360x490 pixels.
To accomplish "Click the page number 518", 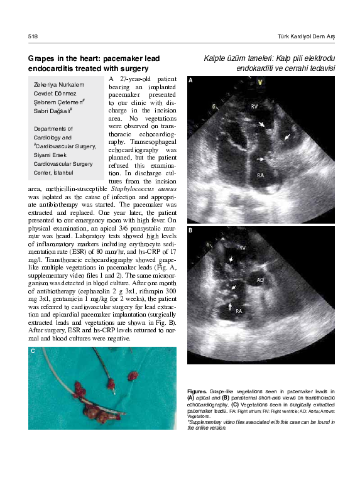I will tap(33, 37).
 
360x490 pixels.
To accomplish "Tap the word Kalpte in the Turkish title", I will tap(217, 58).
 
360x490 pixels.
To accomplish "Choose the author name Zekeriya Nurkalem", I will tap(59, 84).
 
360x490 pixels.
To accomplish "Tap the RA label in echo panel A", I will tap(259, 175).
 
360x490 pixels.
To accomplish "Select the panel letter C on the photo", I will tap(33, 351).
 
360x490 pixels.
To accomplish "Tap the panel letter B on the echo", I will tap(190, 231).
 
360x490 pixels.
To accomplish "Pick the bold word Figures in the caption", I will tap(197, 391).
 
